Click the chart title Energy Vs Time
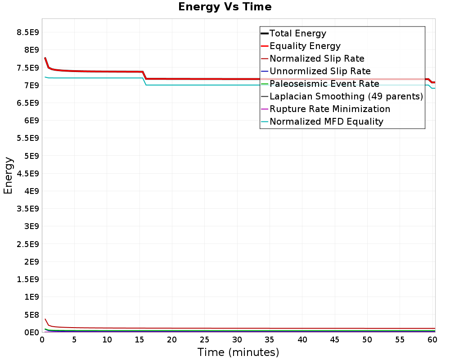point(225,7)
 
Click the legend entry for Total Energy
point(297,33)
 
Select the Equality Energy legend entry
point(305,46)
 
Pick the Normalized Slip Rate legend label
point(317,58)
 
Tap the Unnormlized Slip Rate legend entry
point(320,71)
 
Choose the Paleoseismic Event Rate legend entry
point(324,84)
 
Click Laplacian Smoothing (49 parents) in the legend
point(346,96)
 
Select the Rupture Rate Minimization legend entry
point(330,109)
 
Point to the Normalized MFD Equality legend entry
point(326,121)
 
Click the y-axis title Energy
point(8,175)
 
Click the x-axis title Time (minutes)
point(238,352)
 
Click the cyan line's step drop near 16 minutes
point(144,81)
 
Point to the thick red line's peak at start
point(45,58)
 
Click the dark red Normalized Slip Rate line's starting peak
point(45,319)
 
